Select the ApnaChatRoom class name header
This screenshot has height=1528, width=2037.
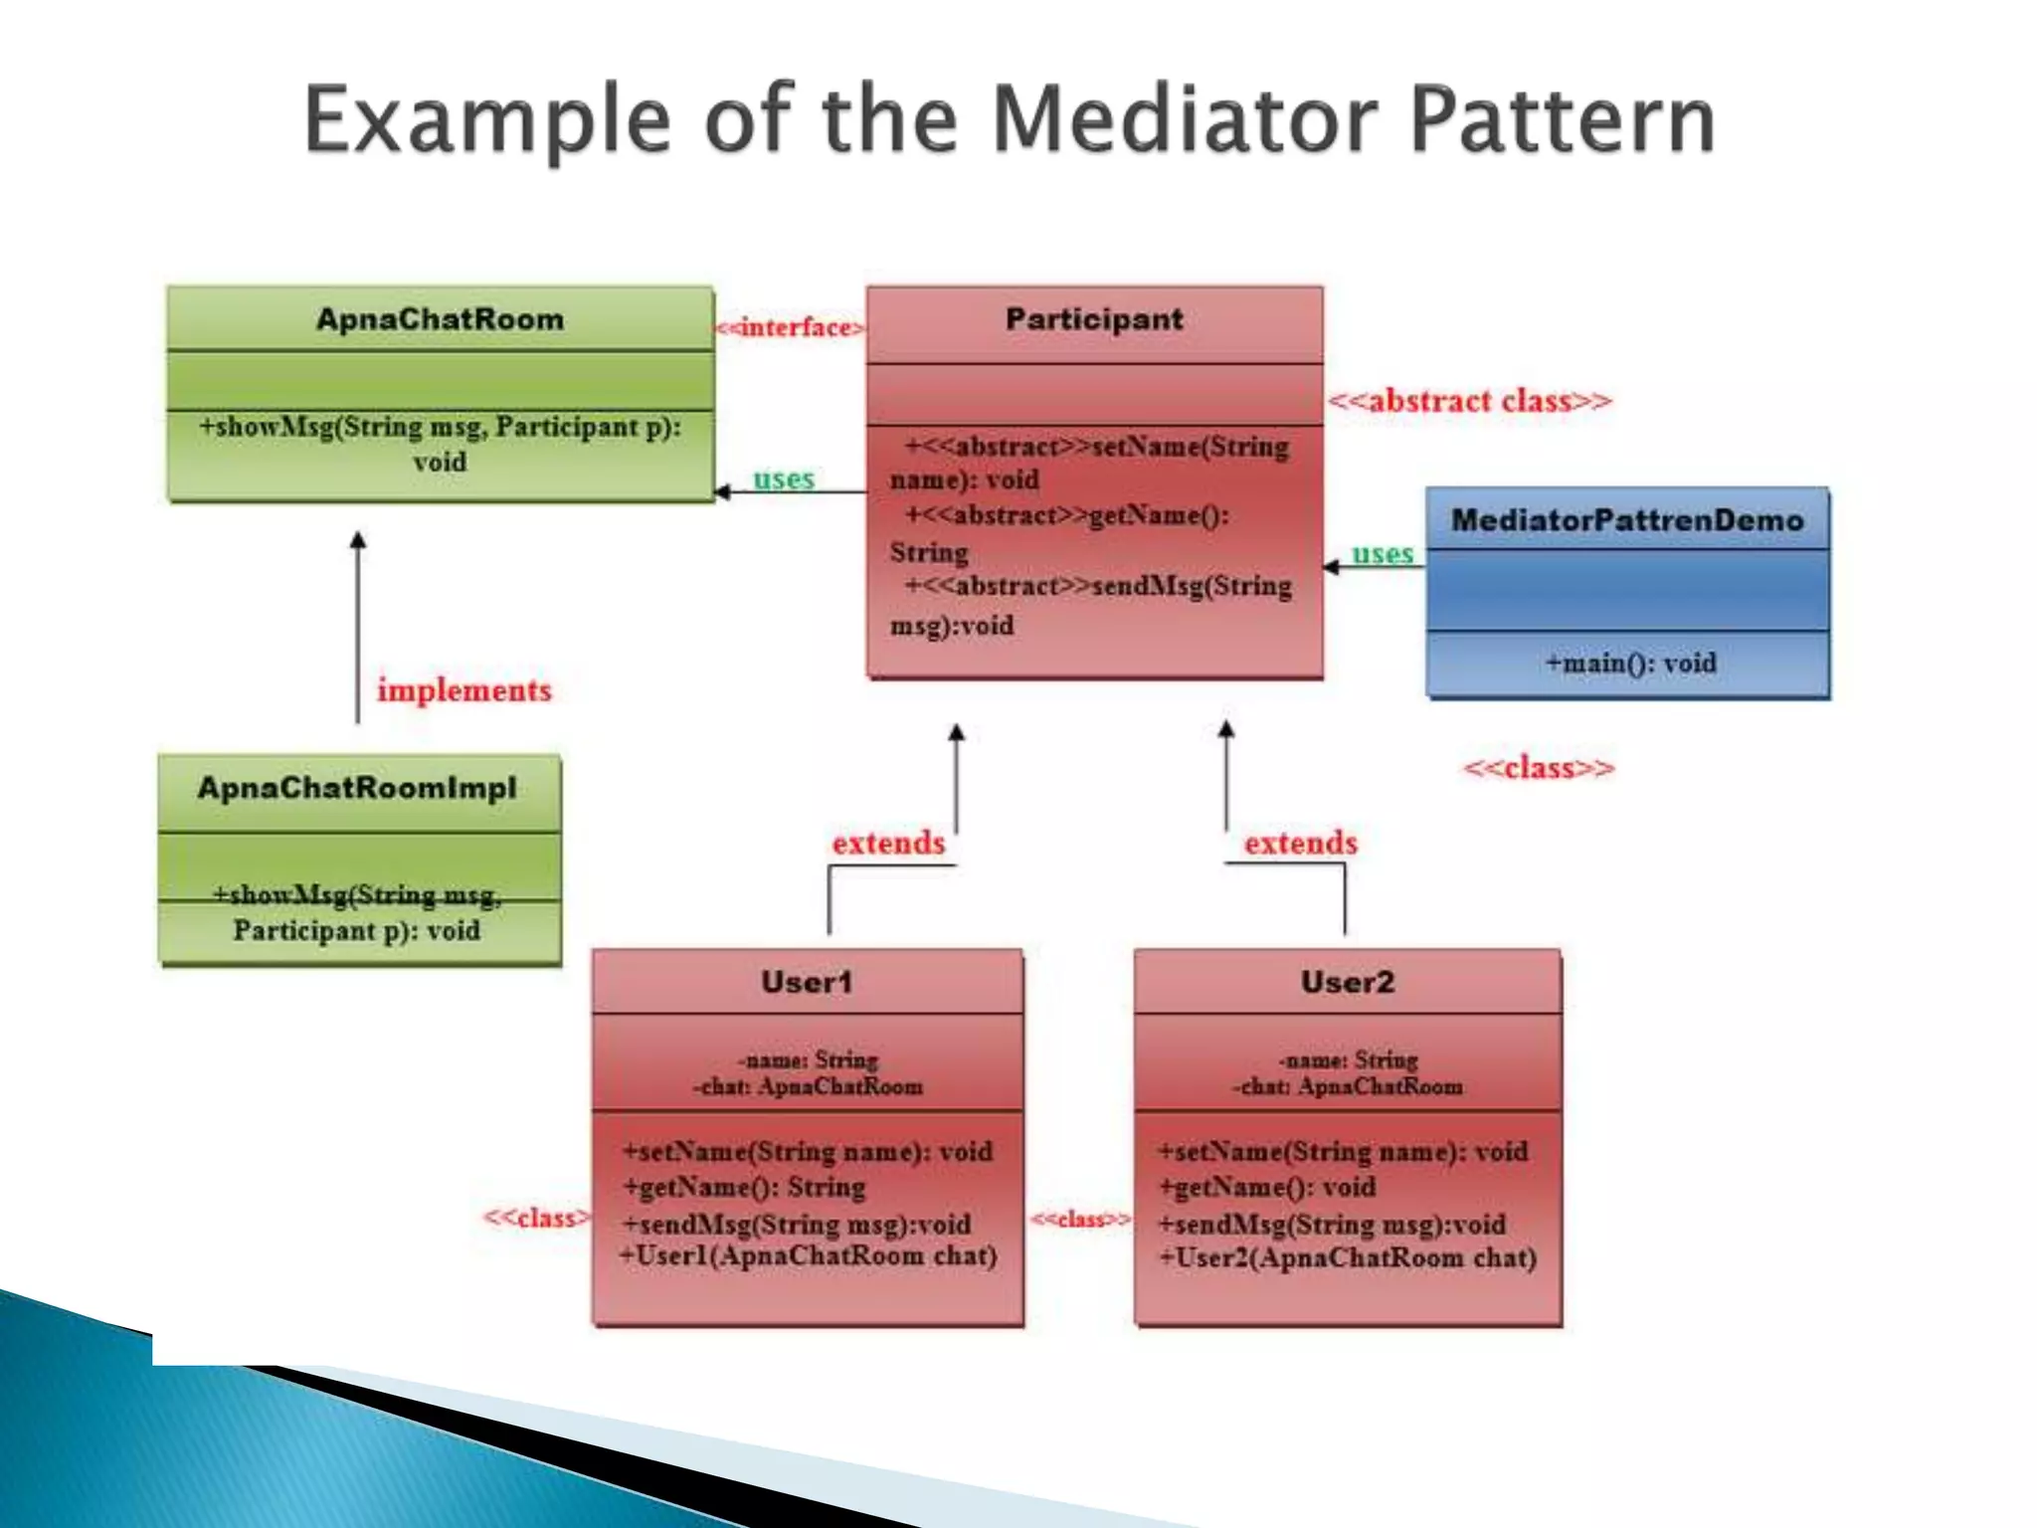tap(440, 319)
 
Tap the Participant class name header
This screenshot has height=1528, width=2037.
tap(1094, 319)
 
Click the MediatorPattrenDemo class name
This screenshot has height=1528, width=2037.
tap(1627, 520)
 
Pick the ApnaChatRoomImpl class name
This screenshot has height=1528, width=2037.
tap(357, 788)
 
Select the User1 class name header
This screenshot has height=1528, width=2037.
tap(807, 982)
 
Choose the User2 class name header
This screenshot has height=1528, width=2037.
tap(1348, 982)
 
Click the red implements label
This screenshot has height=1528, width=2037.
tap(463, 689)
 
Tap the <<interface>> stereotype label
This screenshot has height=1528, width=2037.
tap(790, 327)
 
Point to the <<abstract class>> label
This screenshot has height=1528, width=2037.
tap(1469, 401)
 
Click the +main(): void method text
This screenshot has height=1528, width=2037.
tap(1630, 663)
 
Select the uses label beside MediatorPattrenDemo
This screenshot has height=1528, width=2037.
tap(1382, 553)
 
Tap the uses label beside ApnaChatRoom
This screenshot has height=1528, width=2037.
tap(784, 478)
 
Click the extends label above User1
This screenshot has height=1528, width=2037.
tap(888, 843)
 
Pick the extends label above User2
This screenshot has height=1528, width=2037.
tap(1300, 843)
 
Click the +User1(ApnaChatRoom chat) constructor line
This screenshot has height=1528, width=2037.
tap(808, 1256)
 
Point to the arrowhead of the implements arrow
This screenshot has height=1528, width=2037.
tap(358, 540)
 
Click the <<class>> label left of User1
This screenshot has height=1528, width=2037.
tap(535, 1218)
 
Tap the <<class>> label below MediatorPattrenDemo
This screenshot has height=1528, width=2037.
tap(1539, 768)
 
